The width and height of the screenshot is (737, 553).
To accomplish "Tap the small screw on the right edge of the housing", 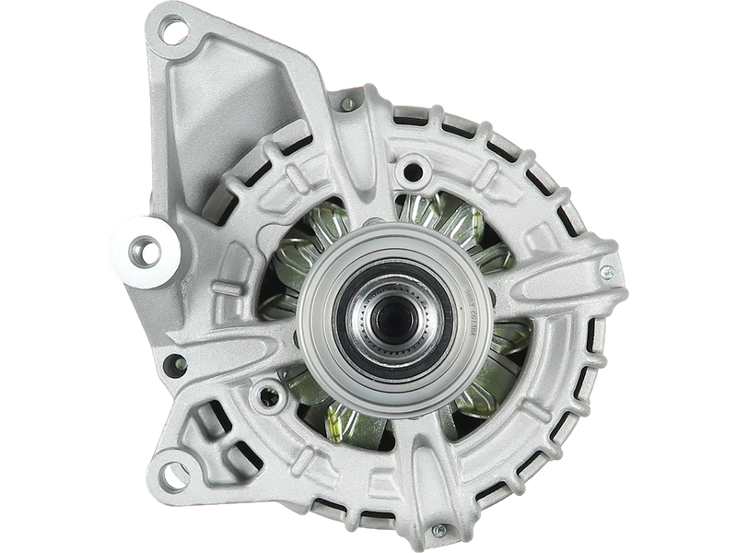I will (x=607, y=272).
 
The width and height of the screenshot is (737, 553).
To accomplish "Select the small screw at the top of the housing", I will (x=347, y=105).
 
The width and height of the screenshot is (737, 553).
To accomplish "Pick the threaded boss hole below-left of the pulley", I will (x=270, y=398).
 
